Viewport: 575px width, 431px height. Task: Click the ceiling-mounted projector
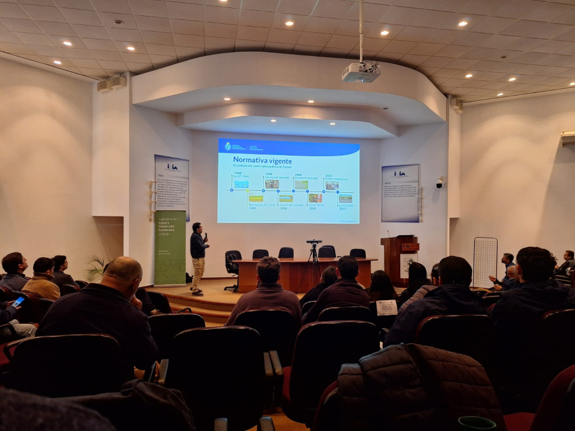pyautogui.click(x=361, y=72)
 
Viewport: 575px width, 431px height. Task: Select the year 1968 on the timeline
pyautogui.click(x=238, y=173)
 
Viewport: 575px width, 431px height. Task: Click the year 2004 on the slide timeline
pyautogui.click(x=284, y=208)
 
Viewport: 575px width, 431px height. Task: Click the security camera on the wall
pyautogui.click(x=439, y=182)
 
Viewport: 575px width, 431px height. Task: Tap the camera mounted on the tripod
pyautogui.click(x=314, y=242)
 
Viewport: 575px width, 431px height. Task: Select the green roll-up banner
pyautogui.click(x=170, y=248)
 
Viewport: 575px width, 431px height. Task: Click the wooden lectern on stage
pyautogui.click(x=399, y=258)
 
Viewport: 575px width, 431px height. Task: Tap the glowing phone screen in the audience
pyautogui.click(x=18, y=301)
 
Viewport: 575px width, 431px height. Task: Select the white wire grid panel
pyautogui.click(x=485, y=261)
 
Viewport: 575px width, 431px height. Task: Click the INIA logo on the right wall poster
pyautogui.click(x=399, y=173)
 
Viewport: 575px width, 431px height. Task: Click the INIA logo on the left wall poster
pyautogui.click(x=172, y=167)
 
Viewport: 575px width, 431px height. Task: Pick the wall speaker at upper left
pyautogui.click(x=111, y=83)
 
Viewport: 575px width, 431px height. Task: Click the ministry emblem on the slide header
pyautogui.click(x=228, y=146)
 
